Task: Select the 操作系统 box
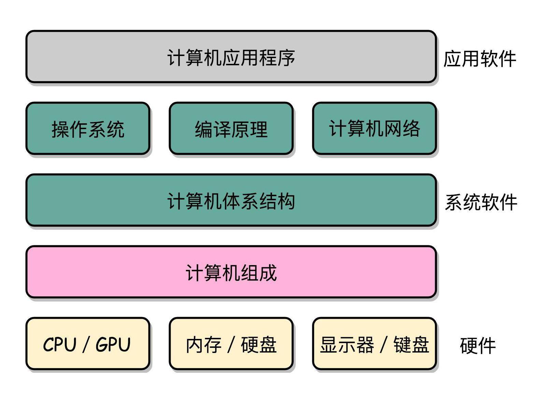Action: pos(88,128)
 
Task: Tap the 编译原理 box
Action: pos(231,128)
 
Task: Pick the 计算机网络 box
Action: pos(374,128)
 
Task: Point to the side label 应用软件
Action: pos(479,59)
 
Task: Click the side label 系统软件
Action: pos(481,202)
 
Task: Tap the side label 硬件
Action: pos(477,346)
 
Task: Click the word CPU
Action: pos(59,344)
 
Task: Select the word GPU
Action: pos(113,344)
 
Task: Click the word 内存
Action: pos(204,344)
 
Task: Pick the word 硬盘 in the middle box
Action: pos(259,344)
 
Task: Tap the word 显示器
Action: pos(347,344)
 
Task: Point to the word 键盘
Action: pos(411,344)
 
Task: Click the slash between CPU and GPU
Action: pos(86,344)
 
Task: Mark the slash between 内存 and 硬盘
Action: pos(231,344)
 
